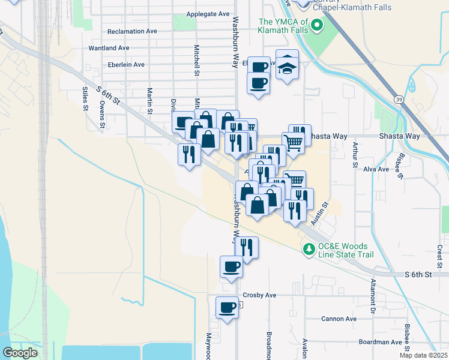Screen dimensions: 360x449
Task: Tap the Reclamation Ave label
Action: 131,31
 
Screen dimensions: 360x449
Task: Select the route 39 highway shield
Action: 398,98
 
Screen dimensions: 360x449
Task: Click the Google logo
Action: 20,353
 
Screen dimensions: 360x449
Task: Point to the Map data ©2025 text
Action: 424,355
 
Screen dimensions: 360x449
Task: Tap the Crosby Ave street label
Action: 259,295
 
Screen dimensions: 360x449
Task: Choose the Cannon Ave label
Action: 339,319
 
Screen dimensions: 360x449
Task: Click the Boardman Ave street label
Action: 380,342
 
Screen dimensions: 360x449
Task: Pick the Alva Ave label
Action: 376,170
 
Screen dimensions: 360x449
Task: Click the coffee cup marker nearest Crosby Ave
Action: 228,307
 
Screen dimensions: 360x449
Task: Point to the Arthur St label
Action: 355,155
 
